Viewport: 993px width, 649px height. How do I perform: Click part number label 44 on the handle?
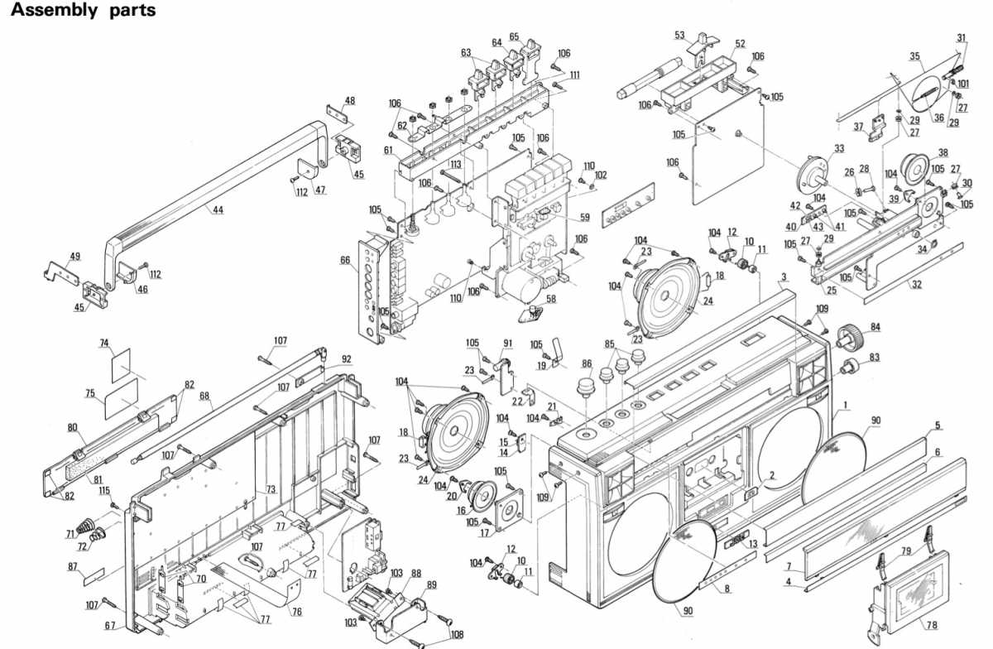pos(218,210)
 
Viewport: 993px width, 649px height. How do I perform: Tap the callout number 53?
pos(679,36)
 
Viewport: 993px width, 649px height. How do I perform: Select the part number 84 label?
pos(875,326)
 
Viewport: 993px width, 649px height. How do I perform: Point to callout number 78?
pos(932,626)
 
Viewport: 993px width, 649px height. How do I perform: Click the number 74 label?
pos(104,342)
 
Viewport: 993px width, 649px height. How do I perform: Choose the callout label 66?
pos(345,259)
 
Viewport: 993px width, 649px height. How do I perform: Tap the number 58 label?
pos(550,299)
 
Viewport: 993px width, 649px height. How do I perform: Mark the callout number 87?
pos(73,566)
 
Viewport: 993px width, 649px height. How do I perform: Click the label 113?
pos(455,165)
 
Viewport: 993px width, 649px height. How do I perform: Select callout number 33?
pos(839,148)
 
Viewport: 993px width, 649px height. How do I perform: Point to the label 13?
pos(753,543)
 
